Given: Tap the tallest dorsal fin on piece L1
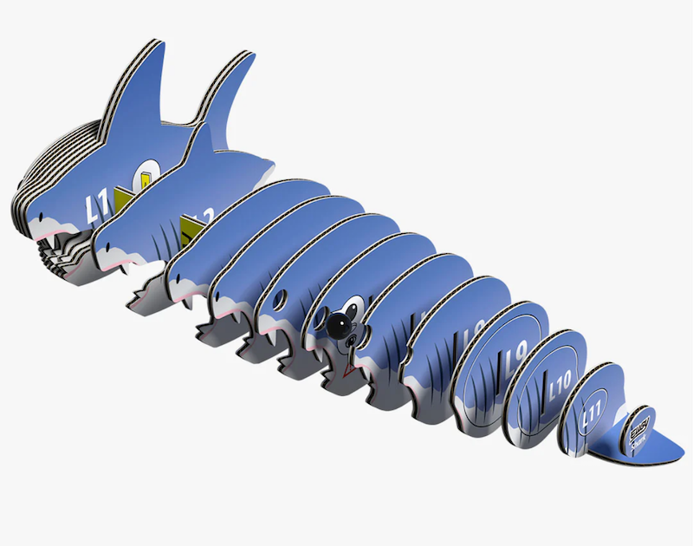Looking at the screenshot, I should click(138, 82).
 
